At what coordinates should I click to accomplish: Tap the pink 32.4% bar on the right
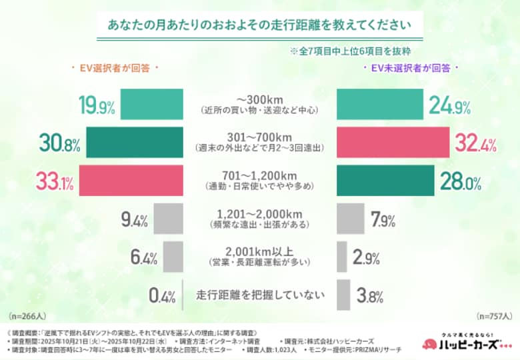point(393,143)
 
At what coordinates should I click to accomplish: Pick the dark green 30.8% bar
point(134,143)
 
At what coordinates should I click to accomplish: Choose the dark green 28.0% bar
point(386,181)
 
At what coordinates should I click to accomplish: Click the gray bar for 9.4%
point(168,219)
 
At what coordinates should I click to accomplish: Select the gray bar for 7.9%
point(351,219)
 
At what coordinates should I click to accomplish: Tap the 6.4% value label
point(143,257)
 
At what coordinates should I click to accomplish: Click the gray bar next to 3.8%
point(343,295)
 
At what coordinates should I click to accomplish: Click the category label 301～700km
point(259,137)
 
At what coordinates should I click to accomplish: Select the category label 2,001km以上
point(259,251)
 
